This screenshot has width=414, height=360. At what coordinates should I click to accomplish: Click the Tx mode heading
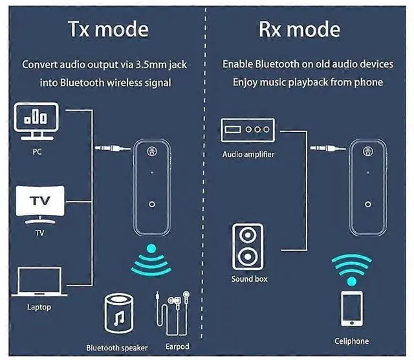(109, 30)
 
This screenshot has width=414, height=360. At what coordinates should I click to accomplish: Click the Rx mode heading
(300, 30)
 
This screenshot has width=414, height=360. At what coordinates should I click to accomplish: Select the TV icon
(36, 203)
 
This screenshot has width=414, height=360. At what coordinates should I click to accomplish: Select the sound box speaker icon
(249, 247)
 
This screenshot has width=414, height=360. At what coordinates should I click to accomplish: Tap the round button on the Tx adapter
(151, 205)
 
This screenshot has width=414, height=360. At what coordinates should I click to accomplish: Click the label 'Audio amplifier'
(248, 155)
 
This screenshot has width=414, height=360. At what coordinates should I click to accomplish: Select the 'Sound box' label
(249, 279)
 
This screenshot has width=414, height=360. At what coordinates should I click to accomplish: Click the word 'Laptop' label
(39, 307)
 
